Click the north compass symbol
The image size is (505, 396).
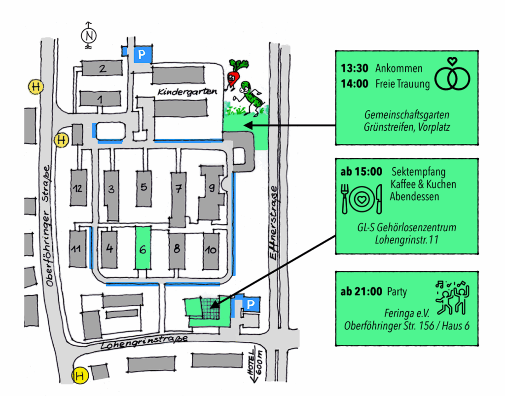point(89,36)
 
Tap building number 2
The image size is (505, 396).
point(102,69)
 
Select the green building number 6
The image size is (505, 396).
point(143,249)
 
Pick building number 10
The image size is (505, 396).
point(211,250)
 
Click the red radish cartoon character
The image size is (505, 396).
point(235,74)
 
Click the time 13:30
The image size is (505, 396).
point(354,69)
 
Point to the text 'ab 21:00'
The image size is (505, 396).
point(361,292)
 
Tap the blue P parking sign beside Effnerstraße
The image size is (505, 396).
point(251,305)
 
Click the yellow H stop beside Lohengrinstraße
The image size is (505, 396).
point(79,376)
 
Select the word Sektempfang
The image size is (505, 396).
point(418,172)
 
